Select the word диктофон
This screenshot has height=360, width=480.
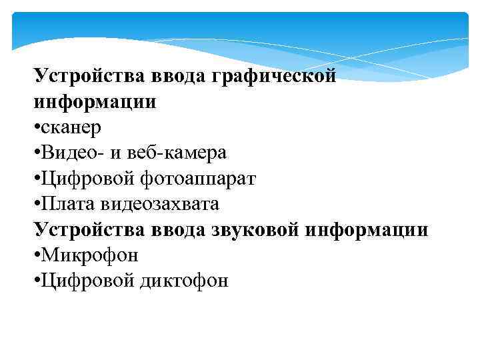pos(184,280)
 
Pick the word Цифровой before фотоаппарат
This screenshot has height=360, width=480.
pos(85,179)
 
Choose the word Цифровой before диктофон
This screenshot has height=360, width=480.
pos(85,280)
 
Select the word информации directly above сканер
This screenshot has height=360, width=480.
pos(95,102)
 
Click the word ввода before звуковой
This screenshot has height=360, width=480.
pos(176,229)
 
